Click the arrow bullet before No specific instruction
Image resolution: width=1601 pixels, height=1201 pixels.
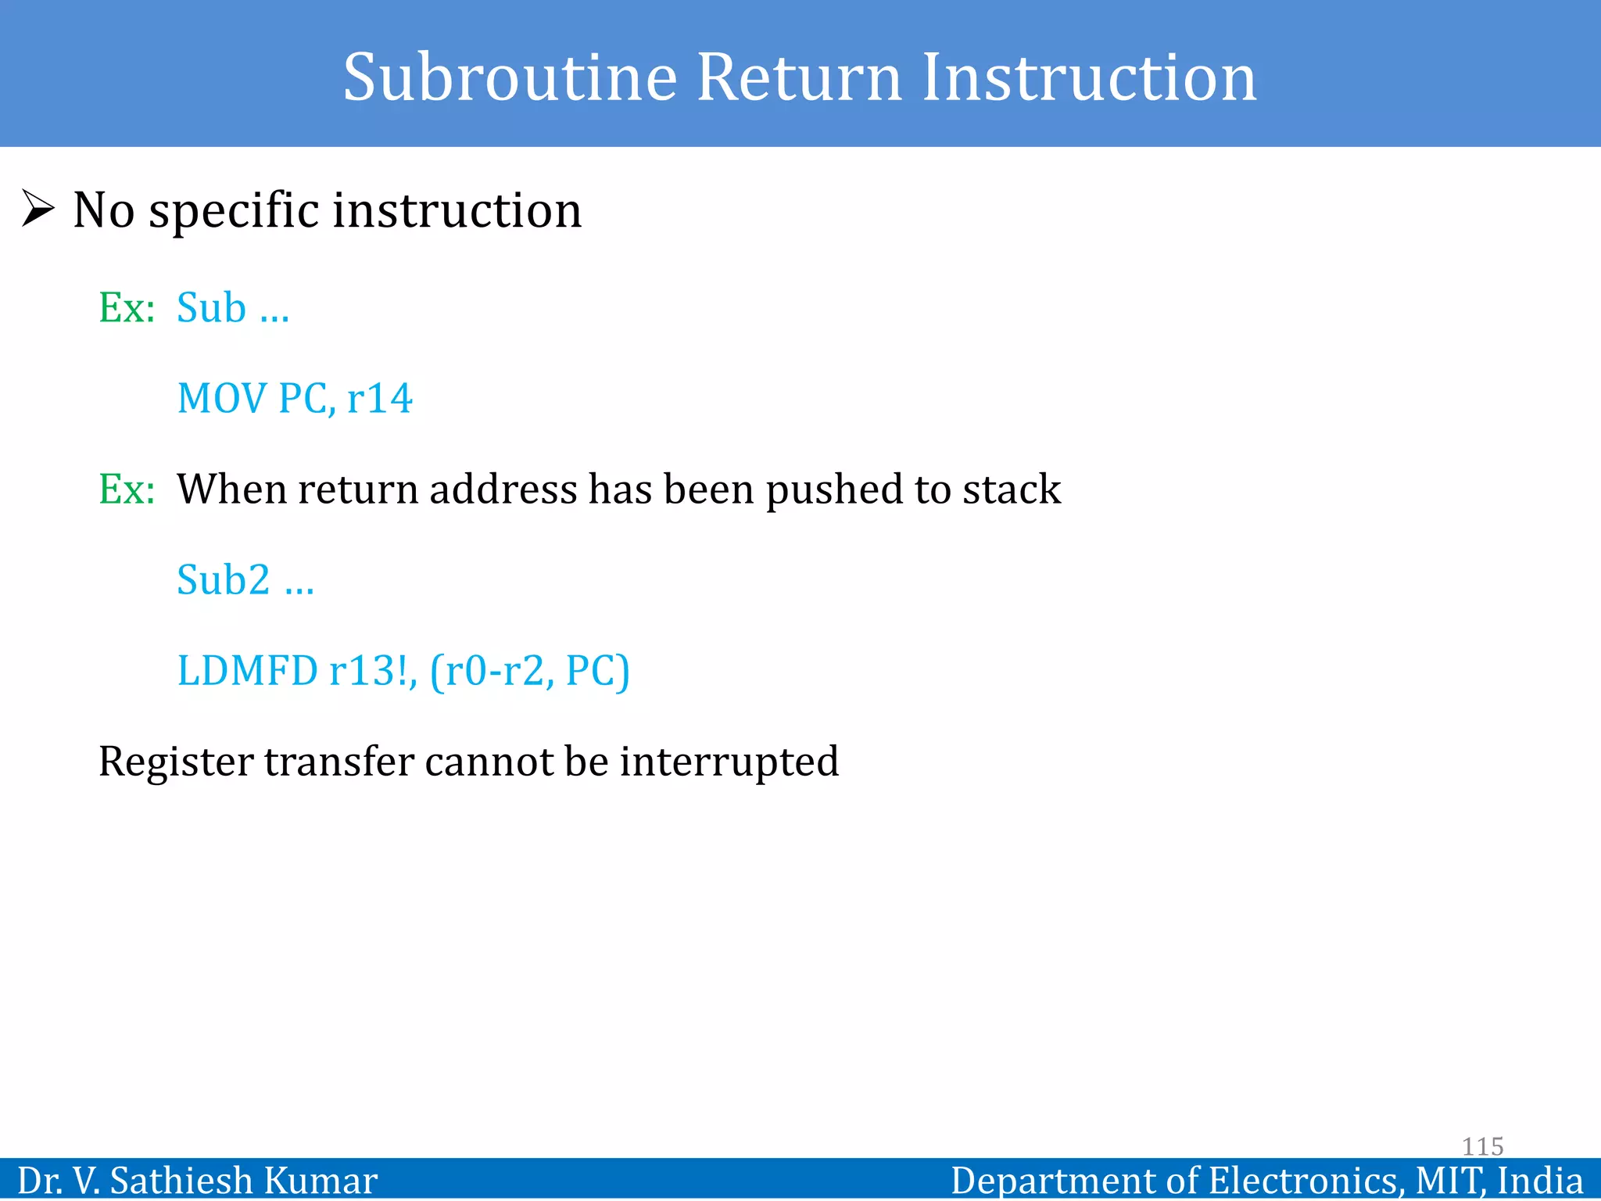(38, 209)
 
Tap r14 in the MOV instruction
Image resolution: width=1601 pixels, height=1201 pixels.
(379, 398)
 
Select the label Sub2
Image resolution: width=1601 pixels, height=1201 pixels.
(223, 580)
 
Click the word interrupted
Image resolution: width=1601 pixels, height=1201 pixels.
(729, 762)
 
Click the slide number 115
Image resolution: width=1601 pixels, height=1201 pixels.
(1482, 1146)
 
